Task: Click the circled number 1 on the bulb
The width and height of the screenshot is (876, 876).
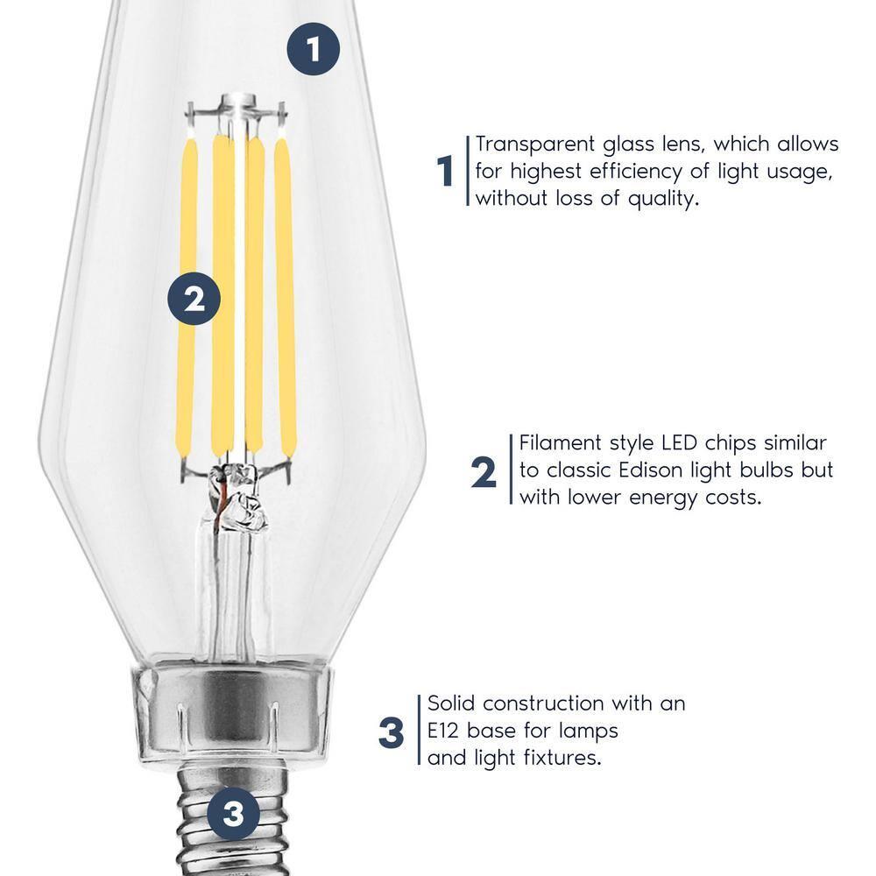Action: pyautogui.click(x=314, y=50)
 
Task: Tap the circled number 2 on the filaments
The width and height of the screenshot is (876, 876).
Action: pyautogui.click(x=195, y=300)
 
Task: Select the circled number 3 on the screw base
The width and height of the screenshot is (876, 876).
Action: pyautogui.click(x=233, y=816)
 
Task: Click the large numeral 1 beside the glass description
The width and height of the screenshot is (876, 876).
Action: pyautogui.click(x=446, y=171)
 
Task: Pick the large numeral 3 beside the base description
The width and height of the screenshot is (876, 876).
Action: pyautogui.click(x=392, y=732)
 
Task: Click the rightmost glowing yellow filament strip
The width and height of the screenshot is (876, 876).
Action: pyautogui.click(x=284, y=298)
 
